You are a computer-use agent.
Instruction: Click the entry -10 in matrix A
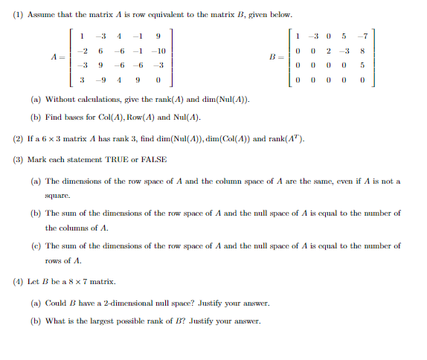click(x=157, y=51)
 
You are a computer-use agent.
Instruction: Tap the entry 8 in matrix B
click(x=362, y=51)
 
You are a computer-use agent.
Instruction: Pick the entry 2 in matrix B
click(x=328, y=51)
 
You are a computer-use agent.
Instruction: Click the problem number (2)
click(x=18, y=138)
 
